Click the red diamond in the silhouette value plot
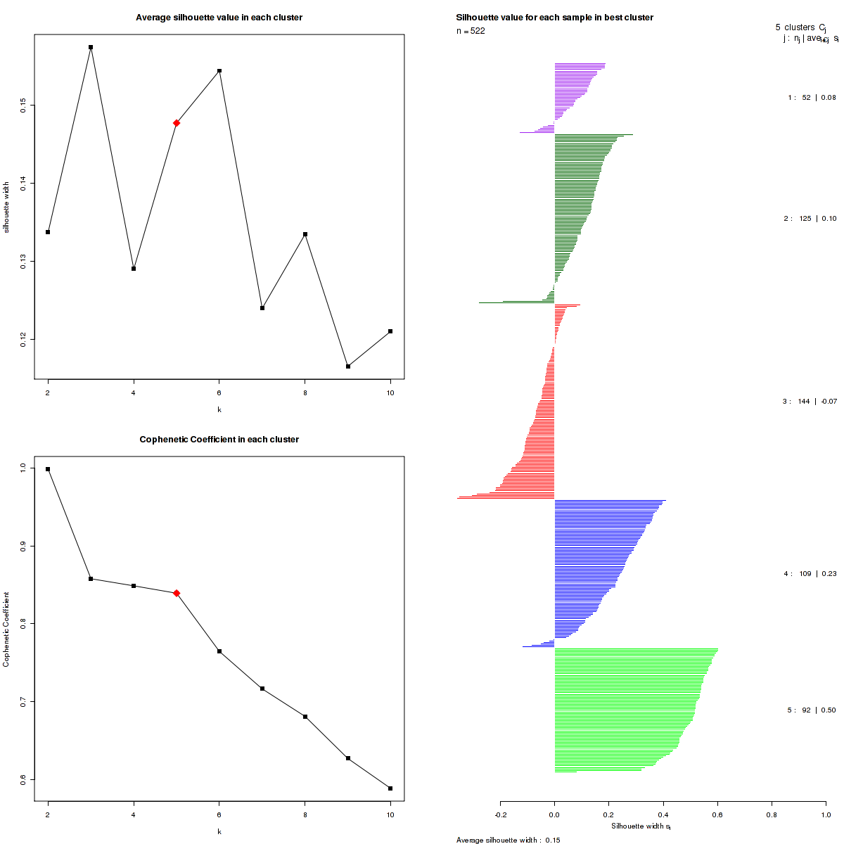coord(177,123)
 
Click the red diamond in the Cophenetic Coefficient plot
coord(177,593)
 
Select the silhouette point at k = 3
coord(91,47)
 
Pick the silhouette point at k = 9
coord(348,366)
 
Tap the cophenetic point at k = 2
coord(48,469)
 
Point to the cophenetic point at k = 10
coord(390,788)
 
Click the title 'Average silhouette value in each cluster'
coord(219,18)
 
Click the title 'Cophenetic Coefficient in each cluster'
coord(219,440)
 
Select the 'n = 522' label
coord(471,31)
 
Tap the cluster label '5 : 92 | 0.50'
coord(812,710)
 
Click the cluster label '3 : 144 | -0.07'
coord(810,402)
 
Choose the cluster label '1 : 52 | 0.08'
coord(812,98)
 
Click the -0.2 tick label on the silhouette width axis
coord(500,814)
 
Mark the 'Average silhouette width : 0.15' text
coord(508,840)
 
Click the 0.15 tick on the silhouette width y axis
coord(23,105)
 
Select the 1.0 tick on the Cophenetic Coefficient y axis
coord(23,468)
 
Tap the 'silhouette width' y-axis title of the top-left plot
coord(6,207)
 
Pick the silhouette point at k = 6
coord(219,71)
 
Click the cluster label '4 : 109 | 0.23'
coord(810,574)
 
